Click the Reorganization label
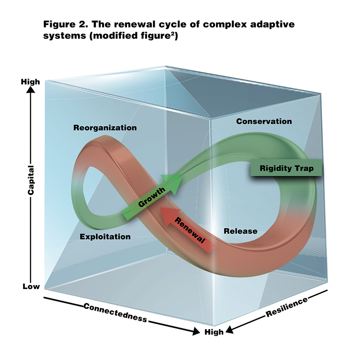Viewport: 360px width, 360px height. pos(105,128)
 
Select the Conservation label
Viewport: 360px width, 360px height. pos(264,122)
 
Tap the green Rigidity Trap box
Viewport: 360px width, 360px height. pos(286,168)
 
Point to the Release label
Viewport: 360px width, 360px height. pos(240,231)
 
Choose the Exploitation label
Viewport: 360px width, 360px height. pos(105,237)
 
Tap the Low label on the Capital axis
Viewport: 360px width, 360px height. pos(31,286)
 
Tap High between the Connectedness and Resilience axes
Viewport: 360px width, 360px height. pos(214,332)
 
